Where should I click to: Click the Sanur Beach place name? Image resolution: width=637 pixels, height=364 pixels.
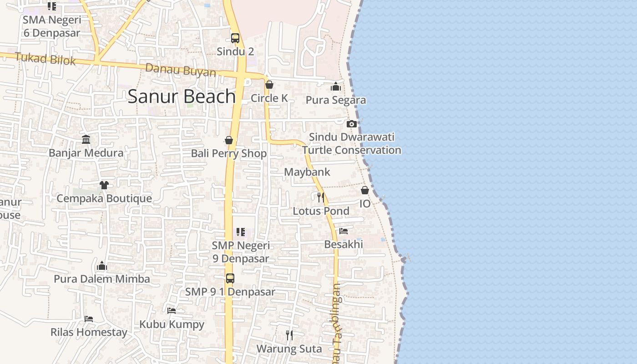(182, 96)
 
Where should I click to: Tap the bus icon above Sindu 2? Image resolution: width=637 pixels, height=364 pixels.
(235, 38)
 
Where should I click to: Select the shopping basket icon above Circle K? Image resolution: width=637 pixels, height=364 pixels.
(269, 85)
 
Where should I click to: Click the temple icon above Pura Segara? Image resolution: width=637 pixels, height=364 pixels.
(336, 86)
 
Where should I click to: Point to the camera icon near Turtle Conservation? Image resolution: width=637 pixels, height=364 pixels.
(351, 124)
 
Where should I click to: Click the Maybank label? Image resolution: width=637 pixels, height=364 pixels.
(307, 172)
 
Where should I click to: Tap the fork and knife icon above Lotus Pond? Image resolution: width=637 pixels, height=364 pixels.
(321, 197)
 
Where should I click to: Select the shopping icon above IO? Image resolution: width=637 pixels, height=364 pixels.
(365, 190)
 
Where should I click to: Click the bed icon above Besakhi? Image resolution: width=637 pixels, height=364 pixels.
(344, 231)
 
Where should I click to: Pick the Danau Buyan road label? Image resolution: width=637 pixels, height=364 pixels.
(181, 71)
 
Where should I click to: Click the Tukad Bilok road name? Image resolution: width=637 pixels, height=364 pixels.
(45, 59)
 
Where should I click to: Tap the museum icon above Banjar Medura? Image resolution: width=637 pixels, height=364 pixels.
(86, 139)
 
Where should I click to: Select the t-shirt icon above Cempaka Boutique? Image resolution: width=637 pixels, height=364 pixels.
(104, 185)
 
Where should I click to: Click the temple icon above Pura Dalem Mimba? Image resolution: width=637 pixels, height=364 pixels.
(102, 265)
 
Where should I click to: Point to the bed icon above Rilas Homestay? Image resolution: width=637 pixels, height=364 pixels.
(89, 318)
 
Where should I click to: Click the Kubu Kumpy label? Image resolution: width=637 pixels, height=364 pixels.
(172, 324)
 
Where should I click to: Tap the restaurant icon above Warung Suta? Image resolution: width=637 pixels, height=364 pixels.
(289, 335)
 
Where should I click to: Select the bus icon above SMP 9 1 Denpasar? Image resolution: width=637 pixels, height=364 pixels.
(230, 278)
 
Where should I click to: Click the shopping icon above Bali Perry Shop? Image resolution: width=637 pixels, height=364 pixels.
(229, 140)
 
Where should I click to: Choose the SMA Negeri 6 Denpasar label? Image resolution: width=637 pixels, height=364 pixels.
(52, 26)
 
